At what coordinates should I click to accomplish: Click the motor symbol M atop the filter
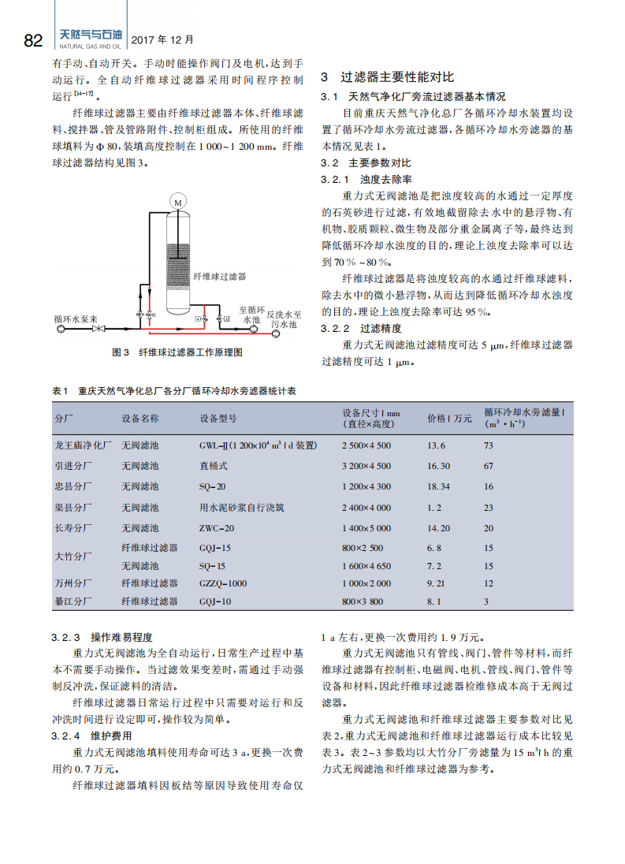[178, 203]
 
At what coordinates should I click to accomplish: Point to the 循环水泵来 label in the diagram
[76, 320]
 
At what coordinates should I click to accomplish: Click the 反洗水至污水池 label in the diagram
[284, 318]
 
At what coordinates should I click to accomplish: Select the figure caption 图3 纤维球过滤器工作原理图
[177, 352]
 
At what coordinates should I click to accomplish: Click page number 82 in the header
[33, 40]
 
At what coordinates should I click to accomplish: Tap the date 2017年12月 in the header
[161, 39]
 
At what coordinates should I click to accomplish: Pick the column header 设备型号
[218, 419]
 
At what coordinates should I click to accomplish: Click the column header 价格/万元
[449, 419]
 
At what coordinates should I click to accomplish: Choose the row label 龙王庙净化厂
[84, 445]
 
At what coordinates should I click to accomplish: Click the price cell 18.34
[438, 486]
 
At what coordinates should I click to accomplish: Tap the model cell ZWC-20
[217, 528]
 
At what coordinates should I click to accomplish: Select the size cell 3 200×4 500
[366, 466]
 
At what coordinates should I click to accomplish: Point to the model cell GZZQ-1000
[223, 583]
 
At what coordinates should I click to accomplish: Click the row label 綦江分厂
[73, 601]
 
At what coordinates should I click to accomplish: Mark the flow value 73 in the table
[489, 445]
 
